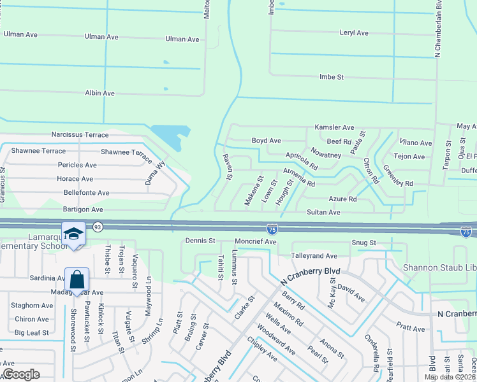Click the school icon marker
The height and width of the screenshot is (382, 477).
[x=74, y=233]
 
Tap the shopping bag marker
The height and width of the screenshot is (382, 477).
[x=77, y=279]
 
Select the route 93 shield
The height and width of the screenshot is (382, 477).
[x=98, y=226]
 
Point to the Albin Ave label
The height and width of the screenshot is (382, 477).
[x=100, y=93]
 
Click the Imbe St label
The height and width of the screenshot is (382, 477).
[x=331, y=77]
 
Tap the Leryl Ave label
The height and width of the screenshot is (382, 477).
[x=354, y=32]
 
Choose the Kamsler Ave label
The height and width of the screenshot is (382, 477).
[x=330, y=127]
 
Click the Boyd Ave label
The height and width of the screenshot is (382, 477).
[x=266, y=141]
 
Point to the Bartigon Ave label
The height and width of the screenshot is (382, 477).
[x=83, y=209]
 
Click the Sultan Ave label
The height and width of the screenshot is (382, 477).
[x=323, y=212]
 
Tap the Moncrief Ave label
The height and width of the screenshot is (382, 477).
[x=255, y=242]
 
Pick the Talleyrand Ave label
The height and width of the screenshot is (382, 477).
[x=314, y=256]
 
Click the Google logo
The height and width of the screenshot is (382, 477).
[x=22, y=374]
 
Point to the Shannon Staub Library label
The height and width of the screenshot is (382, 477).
[x=440, y=267]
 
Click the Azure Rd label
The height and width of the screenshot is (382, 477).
[x=342, y=199]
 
